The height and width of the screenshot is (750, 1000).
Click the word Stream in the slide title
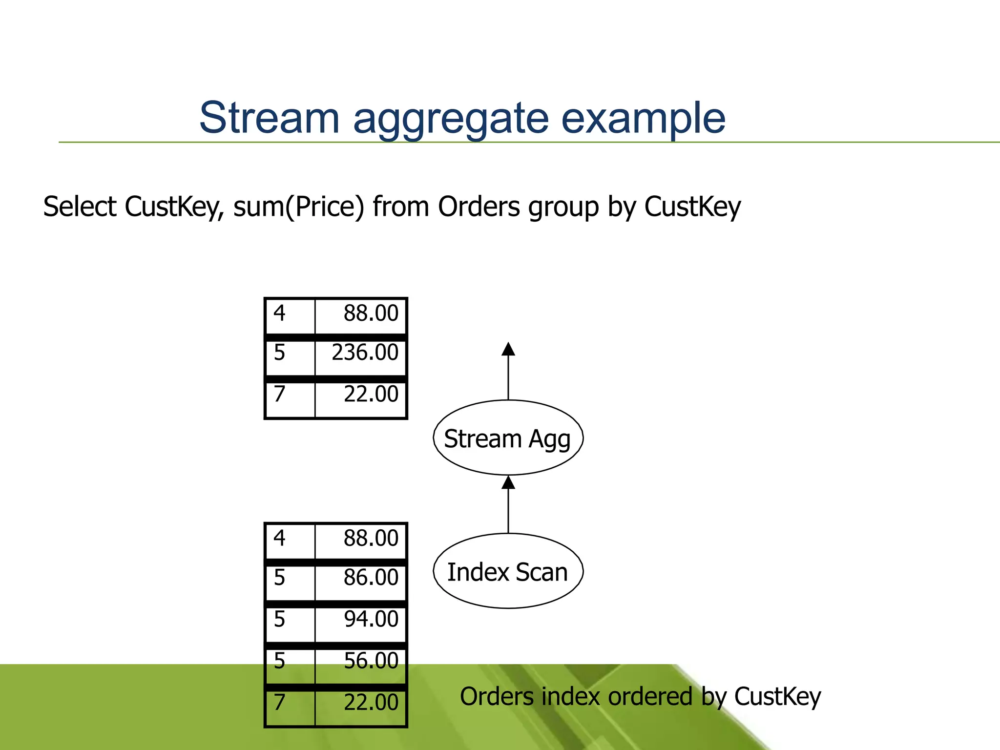[x=269, y=118]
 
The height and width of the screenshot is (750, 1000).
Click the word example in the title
[x=643, y=119]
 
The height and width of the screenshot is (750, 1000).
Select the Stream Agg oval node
[x=508, y=438]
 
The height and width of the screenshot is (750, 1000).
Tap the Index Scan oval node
[x=508, y=571]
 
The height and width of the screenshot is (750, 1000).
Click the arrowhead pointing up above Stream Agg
[x=508, y=349]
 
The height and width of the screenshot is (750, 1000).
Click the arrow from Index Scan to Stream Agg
[x=508, y=505]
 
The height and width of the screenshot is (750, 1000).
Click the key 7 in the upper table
[x=279, y=394]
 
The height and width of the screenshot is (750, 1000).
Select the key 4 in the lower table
[x=279, y=538]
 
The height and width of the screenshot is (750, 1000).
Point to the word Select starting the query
[x=80, y=207]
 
